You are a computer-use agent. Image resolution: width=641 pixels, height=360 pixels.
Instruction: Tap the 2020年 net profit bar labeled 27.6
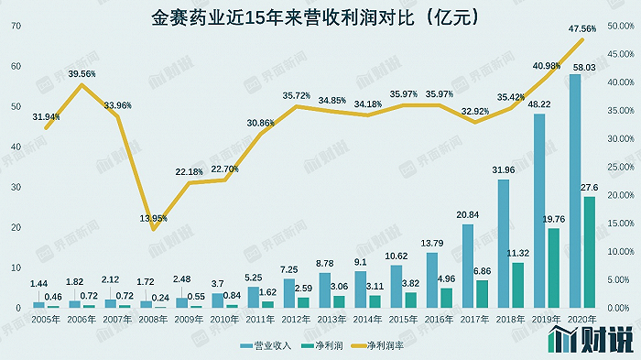coord(589,252)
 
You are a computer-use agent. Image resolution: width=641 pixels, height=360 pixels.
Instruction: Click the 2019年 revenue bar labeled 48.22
coord(538,211)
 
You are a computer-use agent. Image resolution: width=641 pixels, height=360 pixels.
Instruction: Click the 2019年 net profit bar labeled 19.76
coord(553,267)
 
